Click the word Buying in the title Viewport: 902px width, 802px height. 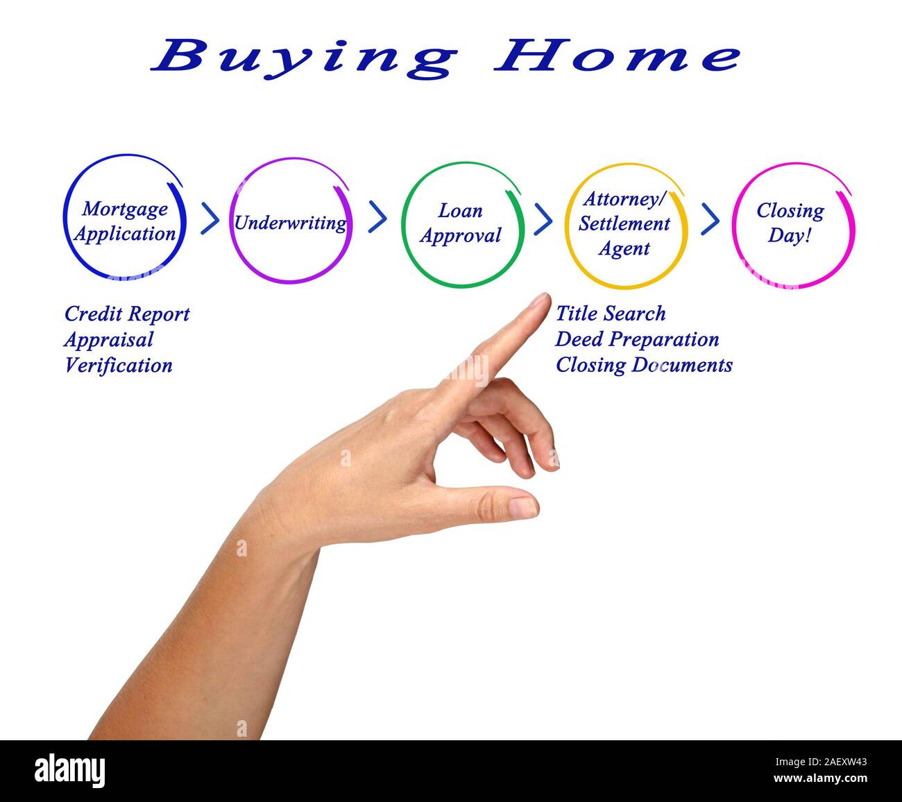(304, 57)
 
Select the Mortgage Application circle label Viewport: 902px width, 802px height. (125, 221)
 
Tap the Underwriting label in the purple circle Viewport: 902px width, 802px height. (290, 223)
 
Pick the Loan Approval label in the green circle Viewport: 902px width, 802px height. (461, 223)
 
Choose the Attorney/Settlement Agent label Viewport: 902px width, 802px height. (624, 223)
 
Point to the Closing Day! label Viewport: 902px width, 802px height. (790, 223)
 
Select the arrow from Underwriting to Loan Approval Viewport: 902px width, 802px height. (377, 217)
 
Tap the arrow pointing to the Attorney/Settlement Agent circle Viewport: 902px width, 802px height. (543, 219)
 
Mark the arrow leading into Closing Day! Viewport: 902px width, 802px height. (710, 219)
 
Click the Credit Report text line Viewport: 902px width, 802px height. (127, 314)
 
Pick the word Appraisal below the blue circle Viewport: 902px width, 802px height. (109, 340)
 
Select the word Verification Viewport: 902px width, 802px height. (119, 366)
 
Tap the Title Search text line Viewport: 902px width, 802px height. (611, 314)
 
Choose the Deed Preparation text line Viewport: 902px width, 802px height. (637, 340)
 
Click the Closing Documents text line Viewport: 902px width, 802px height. (644, 366)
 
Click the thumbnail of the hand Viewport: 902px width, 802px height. (524, 507)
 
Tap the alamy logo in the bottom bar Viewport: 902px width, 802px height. (70, 770)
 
